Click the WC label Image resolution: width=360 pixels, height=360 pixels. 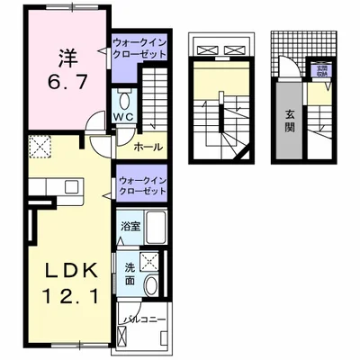(123, 116)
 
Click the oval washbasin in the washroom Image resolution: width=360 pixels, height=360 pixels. (155, 284)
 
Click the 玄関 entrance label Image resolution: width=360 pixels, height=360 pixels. (291, 118)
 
